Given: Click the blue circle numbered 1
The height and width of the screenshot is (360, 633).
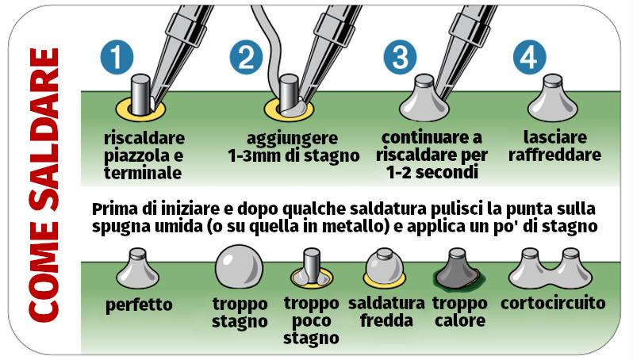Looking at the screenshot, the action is pyautogui.click(x=117, y=57).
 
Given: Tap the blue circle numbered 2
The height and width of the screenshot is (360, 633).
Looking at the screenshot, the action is pyautogui.click(x=246, y=57).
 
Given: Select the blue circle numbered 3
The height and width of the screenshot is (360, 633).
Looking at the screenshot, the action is pyautogui.click(x=400, y=57).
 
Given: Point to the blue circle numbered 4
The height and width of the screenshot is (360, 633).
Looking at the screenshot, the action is pyautogui.click(x=529, y=57).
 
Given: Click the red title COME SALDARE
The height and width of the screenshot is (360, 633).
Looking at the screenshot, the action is pyautogui.click(x=44, y=185).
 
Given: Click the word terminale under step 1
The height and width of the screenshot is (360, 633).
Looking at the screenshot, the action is pyautogui.click(x=143, y=173).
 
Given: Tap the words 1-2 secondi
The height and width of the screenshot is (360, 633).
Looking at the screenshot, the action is pyautogui.click(x=432, y=173).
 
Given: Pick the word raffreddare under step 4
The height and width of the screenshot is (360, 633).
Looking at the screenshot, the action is pyautogui.click(x=554, y=155).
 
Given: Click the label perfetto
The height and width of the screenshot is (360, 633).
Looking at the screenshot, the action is pyautogui.click(x=139, y=304).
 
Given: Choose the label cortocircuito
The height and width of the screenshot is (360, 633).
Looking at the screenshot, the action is pyautogui.click(x=553, y=303).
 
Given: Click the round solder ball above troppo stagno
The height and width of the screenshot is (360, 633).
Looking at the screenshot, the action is pyautogui.click(x=239, y=266).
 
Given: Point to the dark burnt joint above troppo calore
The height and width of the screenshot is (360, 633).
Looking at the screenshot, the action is pyautogui.click(x=458, y=270).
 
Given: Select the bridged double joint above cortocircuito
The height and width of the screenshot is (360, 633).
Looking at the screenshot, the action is pyautogui.click(x=551, y=269).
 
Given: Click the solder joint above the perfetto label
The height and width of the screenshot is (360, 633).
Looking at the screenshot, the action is pyautogui.click(x=138, y=268).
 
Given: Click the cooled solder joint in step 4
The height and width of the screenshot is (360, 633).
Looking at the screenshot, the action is pyautogui.click(x=553, y=98).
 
